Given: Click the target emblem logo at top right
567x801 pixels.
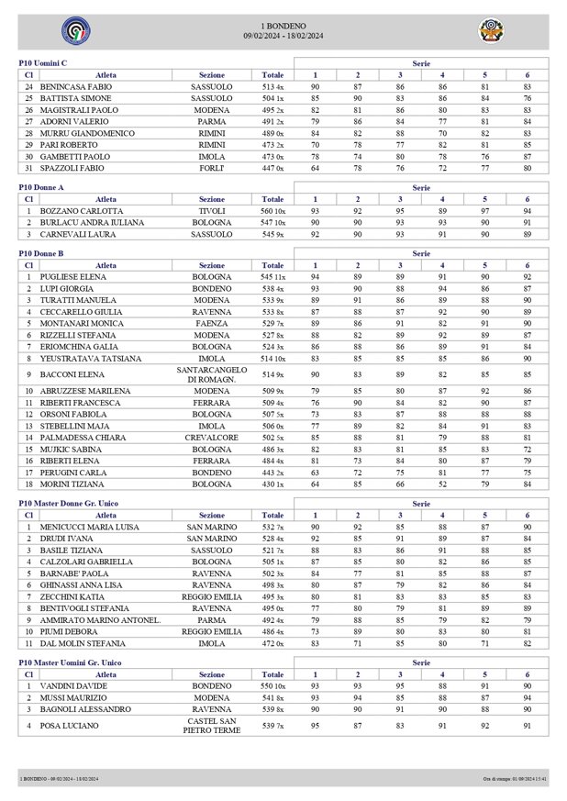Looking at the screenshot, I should pos(492,31).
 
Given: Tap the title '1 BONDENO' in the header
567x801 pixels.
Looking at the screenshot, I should pos(283,26).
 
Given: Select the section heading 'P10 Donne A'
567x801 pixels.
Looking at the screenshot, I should pos(41,186).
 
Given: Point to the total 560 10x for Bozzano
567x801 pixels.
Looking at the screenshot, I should pos(272,210).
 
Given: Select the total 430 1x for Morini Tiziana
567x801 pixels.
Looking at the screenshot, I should pos(272,483).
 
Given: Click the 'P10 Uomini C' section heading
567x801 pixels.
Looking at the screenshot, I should pos(43,62).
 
